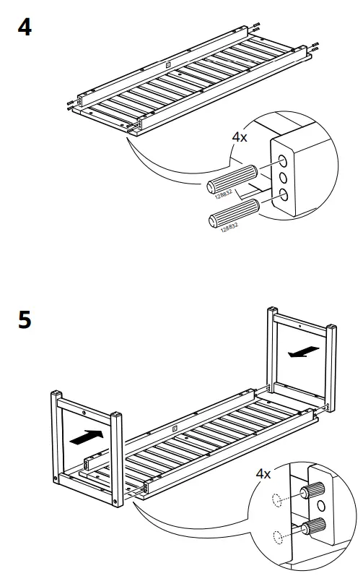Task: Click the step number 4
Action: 25,30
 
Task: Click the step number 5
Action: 25,320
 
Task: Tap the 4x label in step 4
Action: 239,137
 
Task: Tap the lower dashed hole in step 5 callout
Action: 276,536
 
